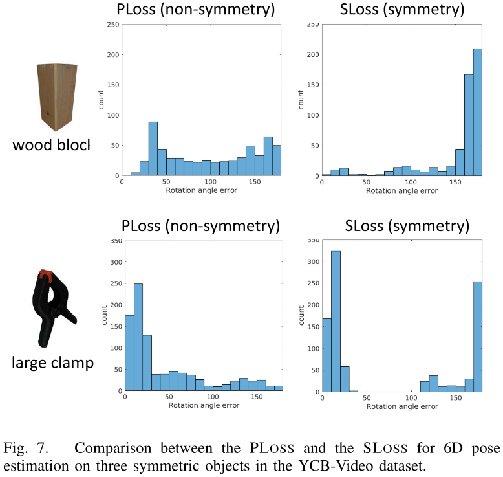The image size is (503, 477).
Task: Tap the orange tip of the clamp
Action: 45,276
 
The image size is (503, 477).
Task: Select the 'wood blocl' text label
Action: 51,145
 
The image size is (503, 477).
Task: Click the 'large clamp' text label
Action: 52,362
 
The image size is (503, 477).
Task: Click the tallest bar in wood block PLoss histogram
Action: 153,148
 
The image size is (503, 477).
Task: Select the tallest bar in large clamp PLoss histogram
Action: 138,337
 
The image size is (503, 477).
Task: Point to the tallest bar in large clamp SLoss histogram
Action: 335,321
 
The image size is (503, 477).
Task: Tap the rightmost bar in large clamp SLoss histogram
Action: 478,337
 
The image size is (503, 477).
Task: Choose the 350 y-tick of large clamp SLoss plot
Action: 312,240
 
